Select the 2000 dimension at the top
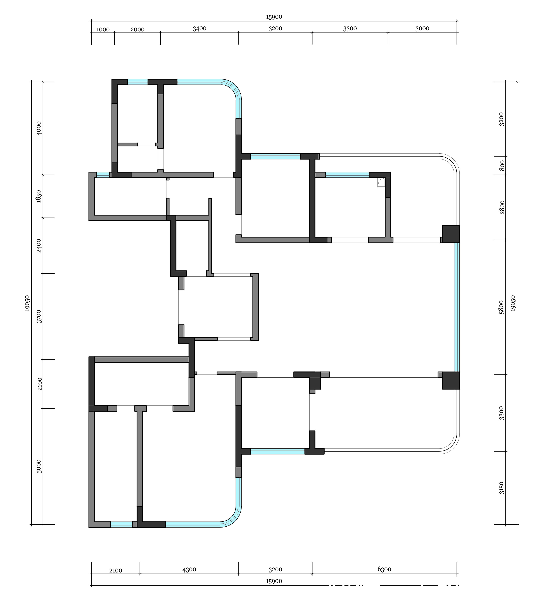[137, 30]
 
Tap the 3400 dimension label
[199, 29]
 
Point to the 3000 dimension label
[422, 29]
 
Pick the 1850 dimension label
[39, 196]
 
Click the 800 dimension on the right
[502, 166]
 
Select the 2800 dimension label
[502, 207]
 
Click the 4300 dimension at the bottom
[189, 569]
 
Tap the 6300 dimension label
[385, 569]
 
